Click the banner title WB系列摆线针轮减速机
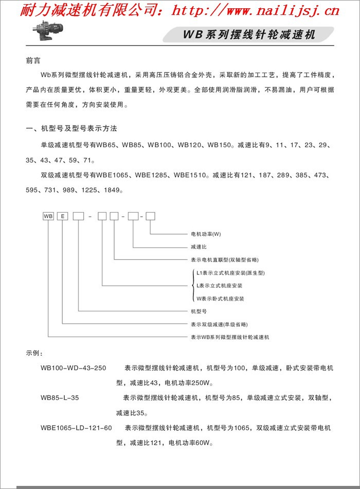(249, 35)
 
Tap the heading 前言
(33, 60)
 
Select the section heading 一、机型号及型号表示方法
(75, 128)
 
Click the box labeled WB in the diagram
(48, 216)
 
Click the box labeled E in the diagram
(63, 216)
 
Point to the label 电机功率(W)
(206, 235)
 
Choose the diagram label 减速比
(199, 247)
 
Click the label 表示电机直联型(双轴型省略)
(224, 259)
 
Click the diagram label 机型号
(199, 311)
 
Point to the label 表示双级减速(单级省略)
(219, 324)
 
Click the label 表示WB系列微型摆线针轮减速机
(230, 337)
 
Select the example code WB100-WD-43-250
(73, 369)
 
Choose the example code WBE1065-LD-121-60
(76, 428)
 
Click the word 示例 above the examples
(34, 354)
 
